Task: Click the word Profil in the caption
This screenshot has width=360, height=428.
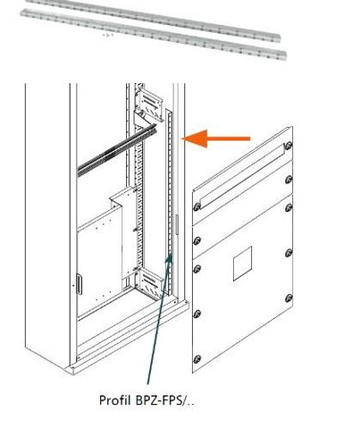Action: (114, 400)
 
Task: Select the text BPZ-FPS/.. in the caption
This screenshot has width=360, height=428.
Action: (164, 400)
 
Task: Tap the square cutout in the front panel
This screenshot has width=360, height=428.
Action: (242, 264)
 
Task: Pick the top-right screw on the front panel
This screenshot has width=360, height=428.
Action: (289, 146)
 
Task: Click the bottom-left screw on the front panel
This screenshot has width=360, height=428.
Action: (197, 359)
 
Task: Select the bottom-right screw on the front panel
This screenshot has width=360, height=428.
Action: (289, 298)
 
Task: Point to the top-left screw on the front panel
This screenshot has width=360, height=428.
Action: (197, 206)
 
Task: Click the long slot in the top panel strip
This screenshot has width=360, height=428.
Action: (243, 177)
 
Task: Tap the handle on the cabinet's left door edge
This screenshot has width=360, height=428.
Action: (79, 284)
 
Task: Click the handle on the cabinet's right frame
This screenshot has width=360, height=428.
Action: (177, 224)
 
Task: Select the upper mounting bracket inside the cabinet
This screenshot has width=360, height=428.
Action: (148, 105)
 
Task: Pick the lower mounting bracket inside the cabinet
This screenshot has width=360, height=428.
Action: (148, 283)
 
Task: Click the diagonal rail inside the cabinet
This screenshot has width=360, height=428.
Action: (117, 149)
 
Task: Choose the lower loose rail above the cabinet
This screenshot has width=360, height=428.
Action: (154, 34)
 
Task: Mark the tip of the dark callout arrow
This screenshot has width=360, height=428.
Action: (171, 253)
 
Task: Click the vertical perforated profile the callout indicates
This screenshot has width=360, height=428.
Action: (169, 203)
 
